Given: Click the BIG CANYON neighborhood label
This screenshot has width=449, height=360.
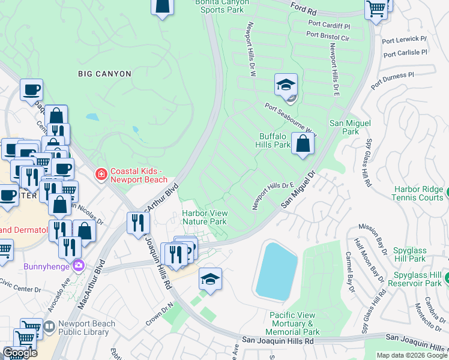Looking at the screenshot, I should click(104, 74).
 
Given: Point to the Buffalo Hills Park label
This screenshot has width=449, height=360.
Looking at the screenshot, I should click(275, 140).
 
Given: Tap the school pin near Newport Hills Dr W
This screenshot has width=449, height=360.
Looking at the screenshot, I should click(286, 85).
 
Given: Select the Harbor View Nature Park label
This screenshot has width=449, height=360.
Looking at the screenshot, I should click(204, 217).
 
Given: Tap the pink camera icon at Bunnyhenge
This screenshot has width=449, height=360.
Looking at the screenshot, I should click(78, 265).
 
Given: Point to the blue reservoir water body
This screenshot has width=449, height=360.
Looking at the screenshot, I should click(277, 272).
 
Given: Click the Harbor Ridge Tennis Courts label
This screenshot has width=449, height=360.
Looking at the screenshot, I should click(418, 193).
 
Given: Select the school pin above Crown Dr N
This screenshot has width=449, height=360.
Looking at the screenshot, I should click(210, 279).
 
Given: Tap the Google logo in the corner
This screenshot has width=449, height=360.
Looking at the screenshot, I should click(20, 353).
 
